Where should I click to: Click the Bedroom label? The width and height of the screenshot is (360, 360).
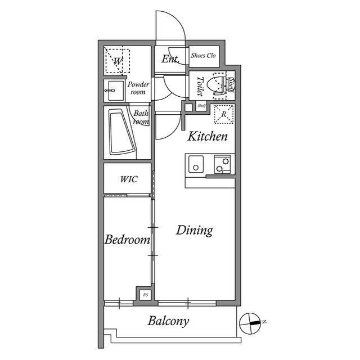(x=128, y=240)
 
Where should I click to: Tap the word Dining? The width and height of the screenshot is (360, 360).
(x=194, y=230)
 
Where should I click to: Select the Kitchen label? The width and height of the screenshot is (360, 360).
(x=208, y=136)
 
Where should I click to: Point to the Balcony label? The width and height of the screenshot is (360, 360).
(x=168, y=322)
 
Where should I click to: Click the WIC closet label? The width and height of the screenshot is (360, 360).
(x=129, y=179)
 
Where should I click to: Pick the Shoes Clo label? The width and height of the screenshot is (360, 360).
(x=204, y=56)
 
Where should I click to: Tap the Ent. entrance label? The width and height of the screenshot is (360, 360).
(x=170, y=59)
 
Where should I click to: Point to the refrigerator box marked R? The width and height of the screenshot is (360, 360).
(x=224, y=114)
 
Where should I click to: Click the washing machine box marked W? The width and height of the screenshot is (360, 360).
(x=118, y=61)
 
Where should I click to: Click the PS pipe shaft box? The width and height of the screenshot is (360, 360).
(x=145, y=294)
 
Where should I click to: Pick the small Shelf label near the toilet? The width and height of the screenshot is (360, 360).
(x=201, y=106)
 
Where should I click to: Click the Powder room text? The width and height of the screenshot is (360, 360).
(x=138, y=88)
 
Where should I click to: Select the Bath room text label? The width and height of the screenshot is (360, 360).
(x=141, y=117)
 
